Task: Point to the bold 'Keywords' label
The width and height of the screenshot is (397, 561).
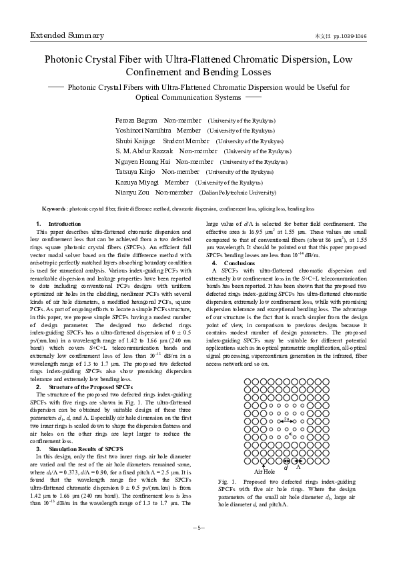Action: (54, 209)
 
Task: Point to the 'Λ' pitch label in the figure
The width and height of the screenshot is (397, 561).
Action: (298, 467)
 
